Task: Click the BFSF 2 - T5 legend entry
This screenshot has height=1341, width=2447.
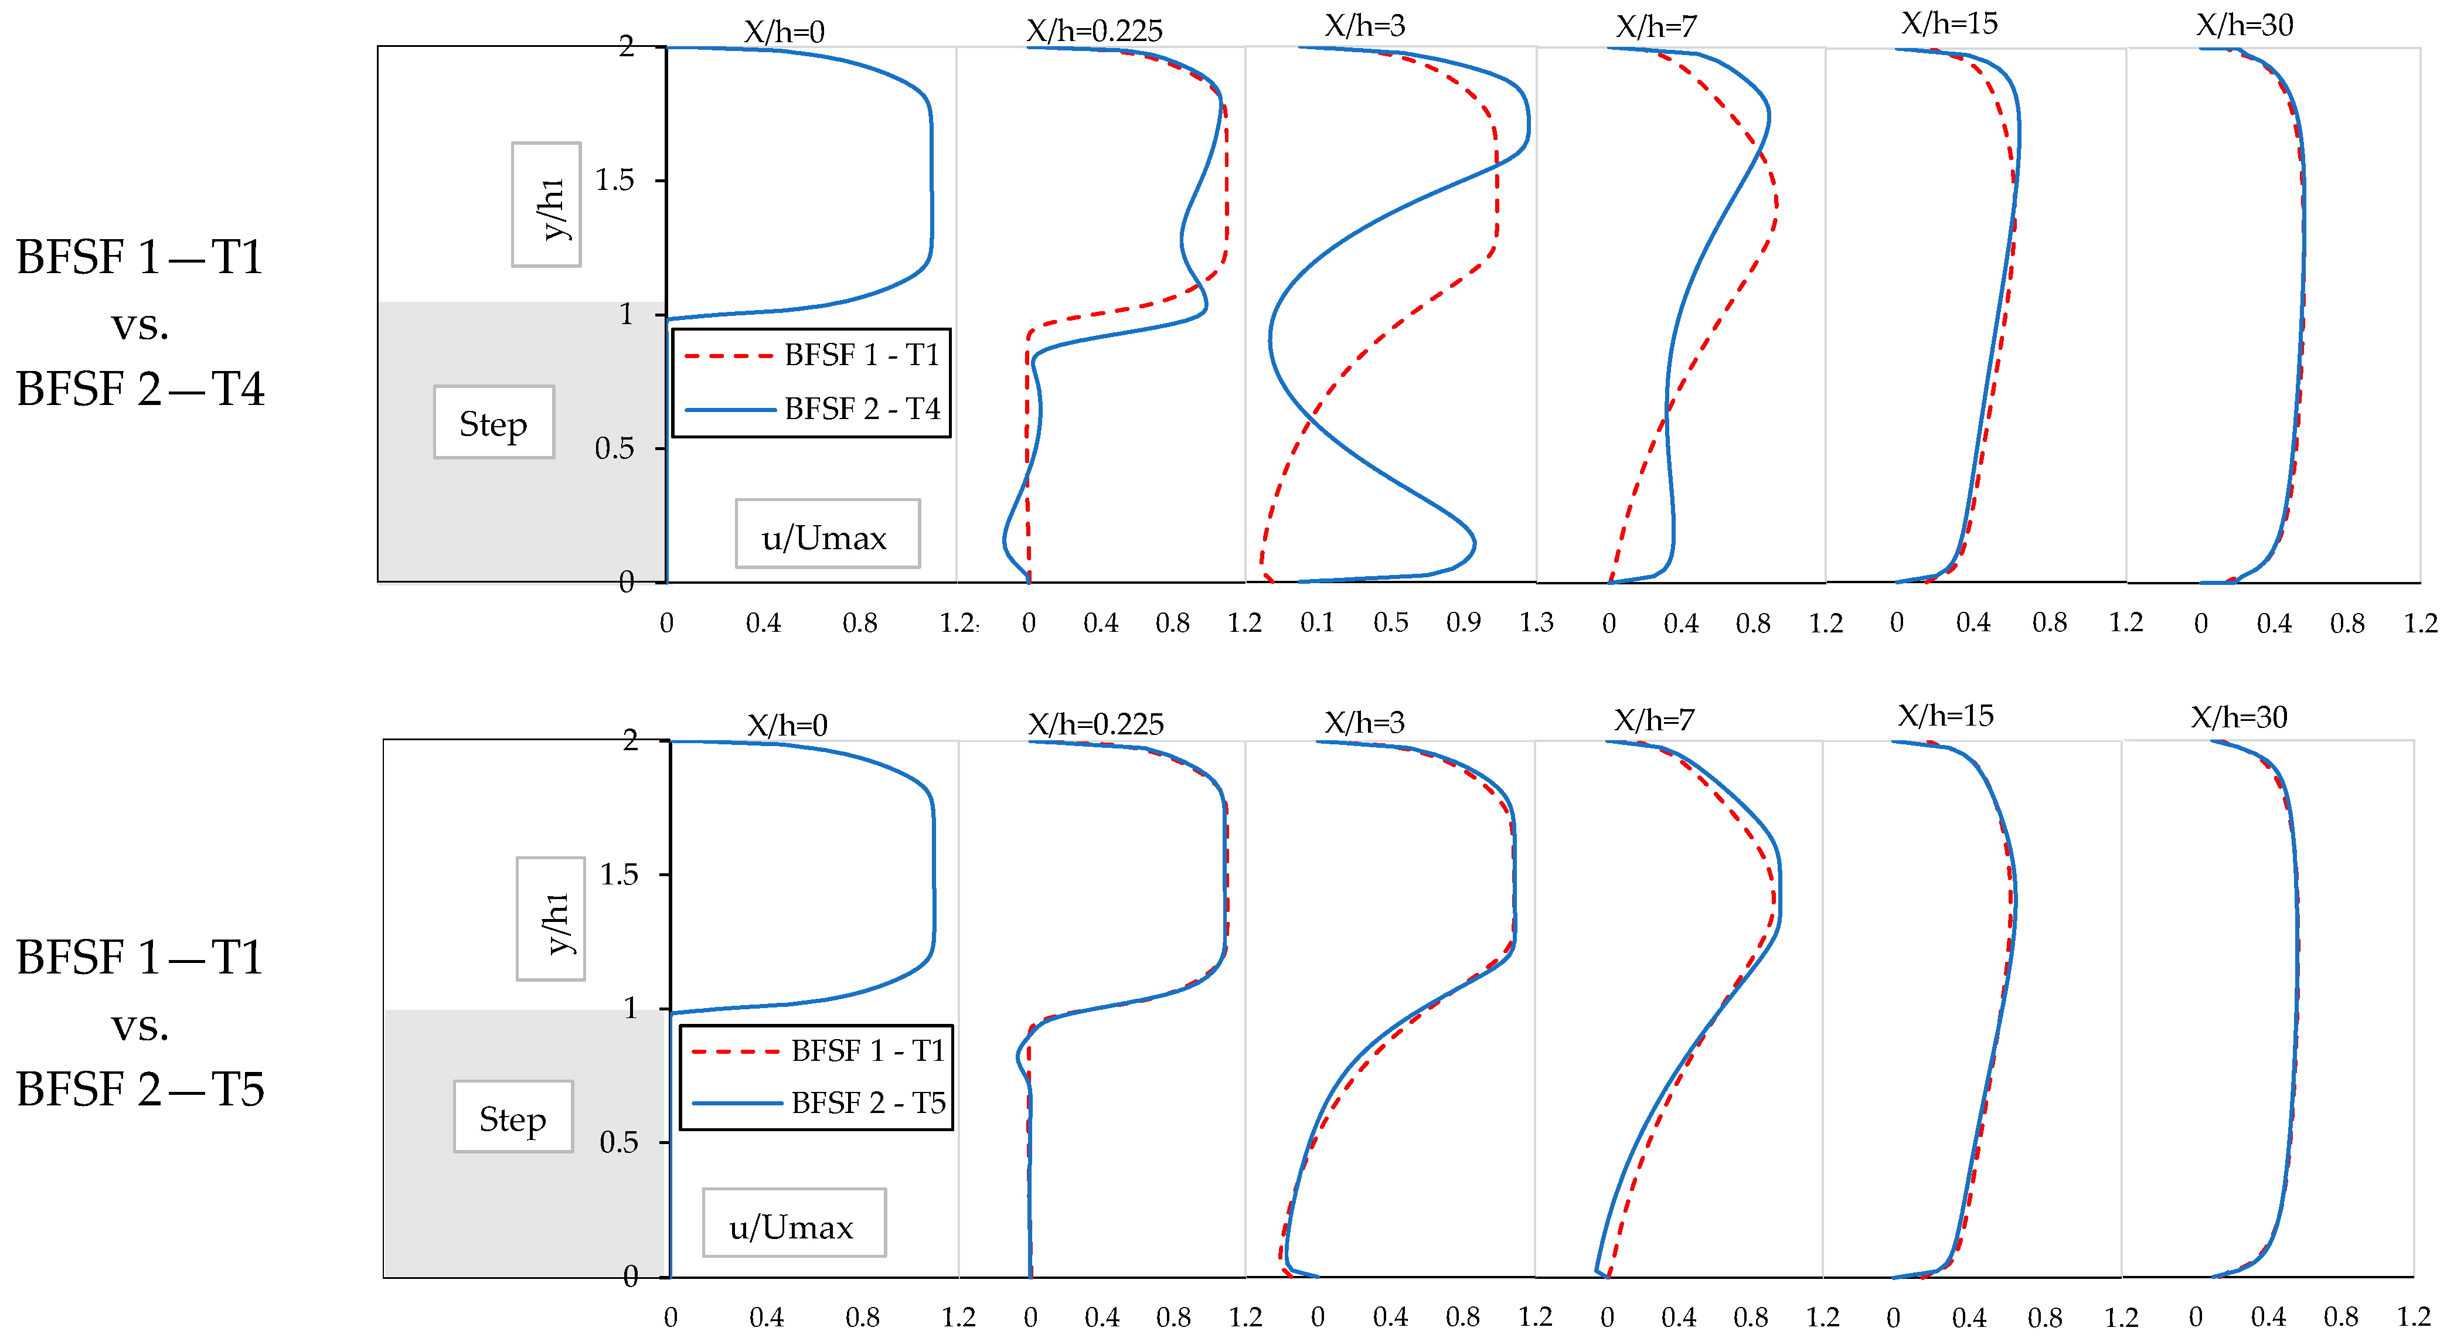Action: tap(867, 1102)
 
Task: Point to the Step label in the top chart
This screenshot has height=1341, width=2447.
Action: tap(493, 424)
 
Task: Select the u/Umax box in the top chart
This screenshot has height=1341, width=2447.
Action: tap(825, 537)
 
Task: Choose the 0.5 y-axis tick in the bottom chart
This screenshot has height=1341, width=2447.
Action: tap(618, 1142)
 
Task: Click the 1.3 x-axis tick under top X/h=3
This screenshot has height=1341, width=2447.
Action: tap(1535, 623)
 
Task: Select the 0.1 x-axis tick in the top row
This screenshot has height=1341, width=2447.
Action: tap(1316, 623)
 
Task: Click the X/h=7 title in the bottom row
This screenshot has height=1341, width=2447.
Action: tap(1654, 720)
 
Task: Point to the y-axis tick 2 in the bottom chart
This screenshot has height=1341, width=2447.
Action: tap(630, 740)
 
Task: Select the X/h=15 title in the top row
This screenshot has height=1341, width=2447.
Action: tap(1949, 24)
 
